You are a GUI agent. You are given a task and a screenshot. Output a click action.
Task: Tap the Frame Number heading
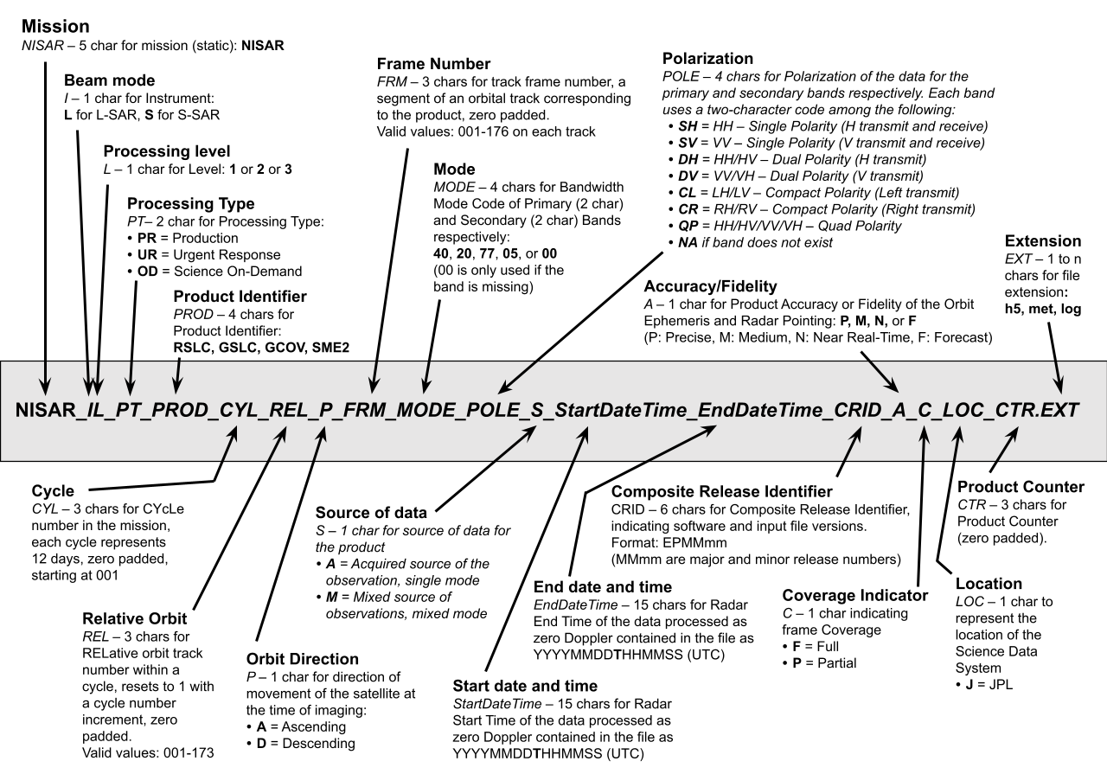point(434,64)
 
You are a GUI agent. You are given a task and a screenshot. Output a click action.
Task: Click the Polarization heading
point(707,59)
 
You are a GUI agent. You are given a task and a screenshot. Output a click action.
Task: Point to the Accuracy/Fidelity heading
point(710,285)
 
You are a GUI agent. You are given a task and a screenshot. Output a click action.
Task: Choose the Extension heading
point(1042,241)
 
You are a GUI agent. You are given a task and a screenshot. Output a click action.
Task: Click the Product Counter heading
point(1021,487)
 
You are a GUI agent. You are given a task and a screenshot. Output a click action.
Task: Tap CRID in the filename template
point(853,410)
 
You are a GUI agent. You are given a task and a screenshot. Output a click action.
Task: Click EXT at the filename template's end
point(1059,410)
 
